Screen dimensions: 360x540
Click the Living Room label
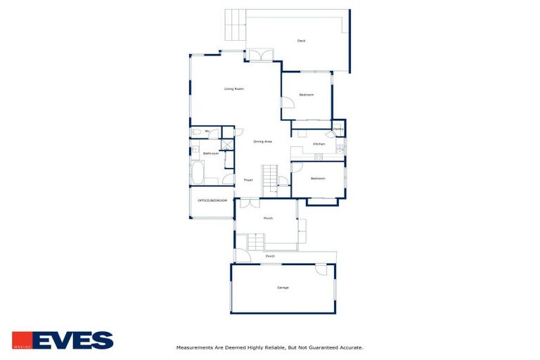click(233, 89)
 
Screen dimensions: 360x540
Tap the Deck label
click(301, 41)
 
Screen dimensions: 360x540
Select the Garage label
click(282, 288)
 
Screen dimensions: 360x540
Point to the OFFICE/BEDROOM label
click(212, 200)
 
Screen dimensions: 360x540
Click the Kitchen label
click(319, 144)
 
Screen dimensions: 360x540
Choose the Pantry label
click(338, 129)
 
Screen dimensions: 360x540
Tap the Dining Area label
click(262, 142)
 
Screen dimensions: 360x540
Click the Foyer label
click(248, 180)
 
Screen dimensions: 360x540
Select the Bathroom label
click(210, 153)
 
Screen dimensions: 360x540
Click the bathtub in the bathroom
click(196, 172)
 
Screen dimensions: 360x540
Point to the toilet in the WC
click(195, 131)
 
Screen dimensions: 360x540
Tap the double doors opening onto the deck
click(259, 55)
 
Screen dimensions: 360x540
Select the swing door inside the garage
click(321, 269)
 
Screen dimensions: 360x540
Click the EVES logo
click(72, 340)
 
